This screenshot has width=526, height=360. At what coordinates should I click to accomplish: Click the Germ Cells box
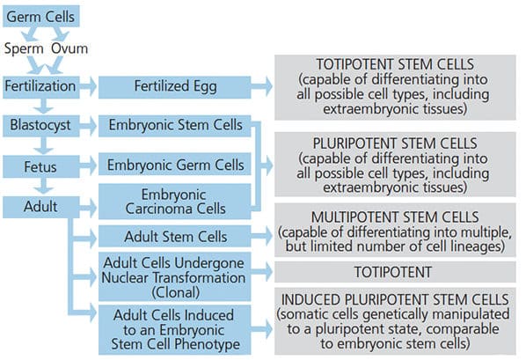(41, 16)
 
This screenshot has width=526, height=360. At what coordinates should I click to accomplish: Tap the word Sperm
(24, 49)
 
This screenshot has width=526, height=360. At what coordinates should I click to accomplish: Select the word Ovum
(69, 48)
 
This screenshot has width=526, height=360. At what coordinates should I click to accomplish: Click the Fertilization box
(41, 87)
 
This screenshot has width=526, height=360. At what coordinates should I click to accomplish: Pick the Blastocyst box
(41, 126)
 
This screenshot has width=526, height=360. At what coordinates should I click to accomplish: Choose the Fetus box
(41, 166)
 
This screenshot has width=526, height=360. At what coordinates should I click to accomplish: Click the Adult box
(41, 207)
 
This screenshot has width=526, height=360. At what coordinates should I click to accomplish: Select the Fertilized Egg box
(175, 87)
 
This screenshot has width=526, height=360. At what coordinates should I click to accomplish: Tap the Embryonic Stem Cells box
(175, 126)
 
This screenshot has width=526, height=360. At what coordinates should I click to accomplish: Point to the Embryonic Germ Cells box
(175, 165)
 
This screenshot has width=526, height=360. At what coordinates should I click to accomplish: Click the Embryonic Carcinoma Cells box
(175, 202)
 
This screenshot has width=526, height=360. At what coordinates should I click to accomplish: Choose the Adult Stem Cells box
(175, 237)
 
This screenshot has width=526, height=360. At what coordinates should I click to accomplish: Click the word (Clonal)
(175, 292)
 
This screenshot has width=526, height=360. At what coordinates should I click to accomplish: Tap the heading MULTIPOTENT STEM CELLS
(395, 217)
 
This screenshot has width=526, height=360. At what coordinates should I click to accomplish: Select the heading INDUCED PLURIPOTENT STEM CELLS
(395, 299)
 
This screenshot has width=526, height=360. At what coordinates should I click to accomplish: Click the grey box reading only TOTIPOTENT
(395, 272)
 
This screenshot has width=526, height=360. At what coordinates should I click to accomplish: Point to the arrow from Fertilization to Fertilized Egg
(88, 86)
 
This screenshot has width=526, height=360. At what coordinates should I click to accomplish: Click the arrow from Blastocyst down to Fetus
(44, 146)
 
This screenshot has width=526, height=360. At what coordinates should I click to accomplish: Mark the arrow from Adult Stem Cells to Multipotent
(261, 236)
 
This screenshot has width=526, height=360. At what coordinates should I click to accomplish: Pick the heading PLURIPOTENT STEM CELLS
(395, 143)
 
